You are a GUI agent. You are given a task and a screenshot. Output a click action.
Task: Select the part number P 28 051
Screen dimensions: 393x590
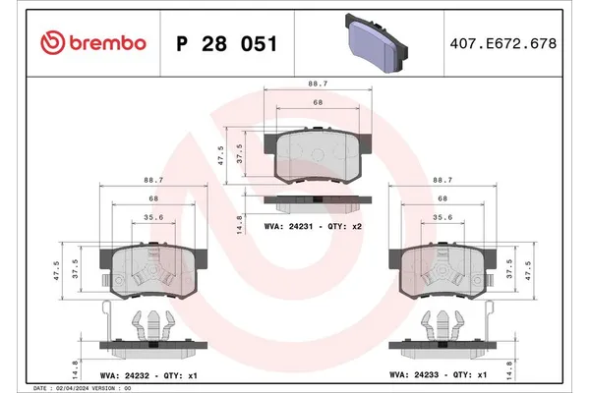tap(225, 43)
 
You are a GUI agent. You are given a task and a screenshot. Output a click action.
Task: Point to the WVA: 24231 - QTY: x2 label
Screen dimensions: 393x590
tap(313, 225)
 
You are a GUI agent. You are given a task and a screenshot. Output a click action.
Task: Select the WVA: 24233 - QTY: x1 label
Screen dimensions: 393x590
tap(439, 374)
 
